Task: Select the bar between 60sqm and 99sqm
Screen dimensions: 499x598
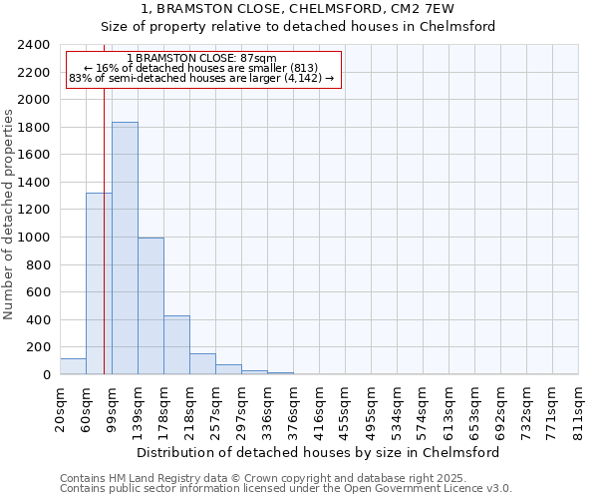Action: coord(99,284)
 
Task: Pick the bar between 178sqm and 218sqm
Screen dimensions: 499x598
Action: coord(176,345)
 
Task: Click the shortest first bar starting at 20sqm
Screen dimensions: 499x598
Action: coord(73,366)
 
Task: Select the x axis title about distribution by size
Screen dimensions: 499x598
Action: coord(318,452)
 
